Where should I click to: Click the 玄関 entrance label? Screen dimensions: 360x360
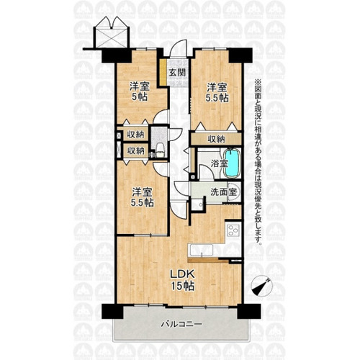[x=177, y=73]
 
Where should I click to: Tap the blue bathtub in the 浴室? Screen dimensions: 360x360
[x=232, y=163]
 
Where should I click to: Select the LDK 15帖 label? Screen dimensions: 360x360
[x=182, y=280]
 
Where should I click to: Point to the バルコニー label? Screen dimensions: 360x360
[x=181, y=325]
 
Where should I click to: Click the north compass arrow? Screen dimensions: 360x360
[x=261, y=287]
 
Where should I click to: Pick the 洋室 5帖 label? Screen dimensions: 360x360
[x=140, y=91]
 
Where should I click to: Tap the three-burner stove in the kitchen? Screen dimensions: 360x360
[x=233, y=231]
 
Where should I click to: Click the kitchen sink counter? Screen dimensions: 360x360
[x=201, y=250]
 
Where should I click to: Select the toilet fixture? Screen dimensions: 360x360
[x=160, y=150]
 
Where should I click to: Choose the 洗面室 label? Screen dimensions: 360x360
[x=224, y=192]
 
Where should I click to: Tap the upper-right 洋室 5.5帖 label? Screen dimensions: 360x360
[x=217, y=93]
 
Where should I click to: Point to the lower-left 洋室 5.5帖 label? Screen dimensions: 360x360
[x=143, y=197]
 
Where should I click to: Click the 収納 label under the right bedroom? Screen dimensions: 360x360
[x=216, y=139]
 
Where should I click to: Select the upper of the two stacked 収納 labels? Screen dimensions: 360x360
[x=135, y=135]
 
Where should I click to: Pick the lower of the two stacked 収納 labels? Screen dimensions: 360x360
[x=135, y=150]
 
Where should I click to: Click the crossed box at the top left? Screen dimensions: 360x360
[x=111, y=38]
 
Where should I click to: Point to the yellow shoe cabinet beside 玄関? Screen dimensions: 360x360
[x=163, y=71]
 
